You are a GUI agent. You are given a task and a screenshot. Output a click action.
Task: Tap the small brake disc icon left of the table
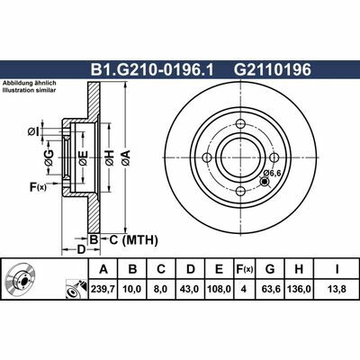(x=20, y=280)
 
